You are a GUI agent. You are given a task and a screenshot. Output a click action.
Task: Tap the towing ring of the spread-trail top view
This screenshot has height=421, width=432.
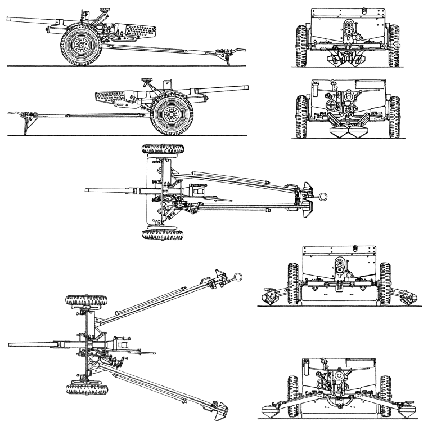tap(238, 277)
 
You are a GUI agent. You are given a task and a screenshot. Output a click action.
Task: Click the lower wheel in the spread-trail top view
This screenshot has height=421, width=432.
tap(84, 389)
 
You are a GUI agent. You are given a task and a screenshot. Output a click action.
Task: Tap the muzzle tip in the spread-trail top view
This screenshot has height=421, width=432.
tap(11, 344)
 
